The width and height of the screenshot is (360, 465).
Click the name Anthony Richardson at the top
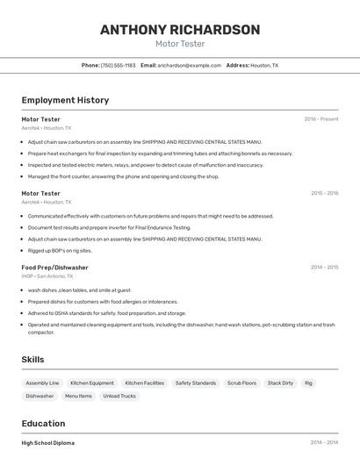[x=180, y=30]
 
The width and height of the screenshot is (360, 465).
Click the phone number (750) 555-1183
[x=118, y=65]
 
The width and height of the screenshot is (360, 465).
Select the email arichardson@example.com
[x=190, y=65]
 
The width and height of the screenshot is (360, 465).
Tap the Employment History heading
[x=65, y=100]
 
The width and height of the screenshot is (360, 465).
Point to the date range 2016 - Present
[x=321, y=118]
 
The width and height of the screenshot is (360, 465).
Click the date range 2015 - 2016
[x=324, y=193]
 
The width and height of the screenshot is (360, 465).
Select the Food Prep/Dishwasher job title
[x=54, y=267]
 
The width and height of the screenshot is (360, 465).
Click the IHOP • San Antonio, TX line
[x=47, y=276]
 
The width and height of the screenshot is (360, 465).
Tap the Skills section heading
[x=32, y=359]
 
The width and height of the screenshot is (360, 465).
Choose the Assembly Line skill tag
[x=42, y=383]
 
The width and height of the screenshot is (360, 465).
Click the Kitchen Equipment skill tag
[x=92, y=383]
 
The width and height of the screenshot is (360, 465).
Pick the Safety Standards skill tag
[x=195, y=383]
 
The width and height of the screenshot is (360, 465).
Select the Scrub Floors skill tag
[x=241, y=383]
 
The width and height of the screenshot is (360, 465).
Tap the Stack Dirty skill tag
[x=280, y=383]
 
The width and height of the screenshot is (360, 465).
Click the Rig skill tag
[x=308, y=383]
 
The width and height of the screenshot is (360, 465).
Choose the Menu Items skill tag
[x=78, y=396]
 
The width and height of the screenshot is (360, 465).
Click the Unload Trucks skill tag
[x=119, y=396]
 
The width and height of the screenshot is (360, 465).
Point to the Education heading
[x=43, y=423]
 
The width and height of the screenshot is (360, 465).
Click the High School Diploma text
[x=48, y=443]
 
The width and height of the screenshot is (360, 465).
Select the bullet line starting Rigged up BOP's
[x=59, y=250]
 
